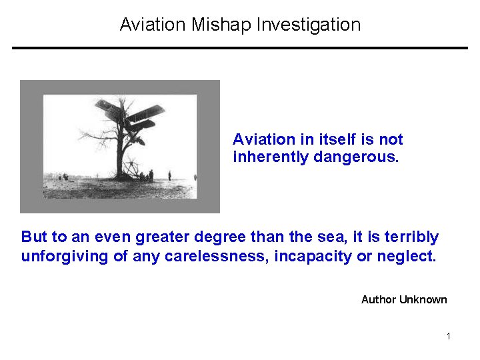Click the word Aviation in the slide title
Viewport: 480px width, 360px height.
(153, 25)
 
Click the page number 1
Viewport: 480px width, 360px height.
(449, 336)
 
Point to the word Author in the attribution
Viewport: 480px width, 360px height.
(379, 299)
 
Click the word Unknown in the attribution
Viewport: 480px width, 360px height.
(423, 299)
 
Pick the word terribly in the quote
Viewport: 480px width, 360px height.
(415, 237)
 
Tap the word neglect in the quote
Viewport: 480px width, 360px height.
(407, 256)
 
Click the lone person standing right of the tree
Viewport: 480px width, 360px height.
(169, 175)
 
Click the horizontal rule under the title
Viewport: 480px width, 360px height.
(240, 48)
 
